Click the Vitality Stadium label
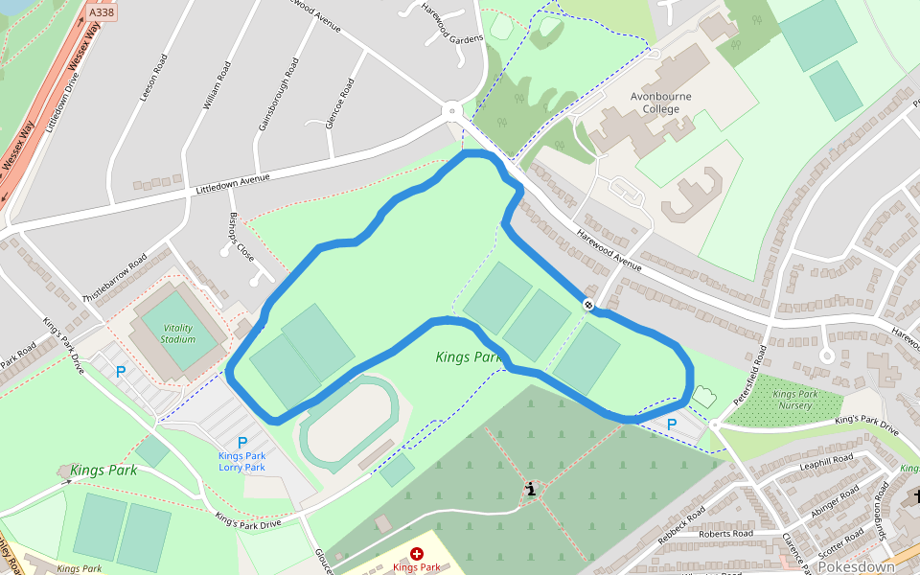click(178, 333)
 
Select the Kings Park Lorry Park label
click(241, 461)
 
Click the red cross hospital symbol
click(417, 554)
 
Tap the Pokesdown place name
click(856, 566)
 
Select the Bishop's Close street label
click(241, 238)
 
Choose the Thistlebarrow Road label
click(115, 278)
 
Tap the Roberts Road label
click(726, 534)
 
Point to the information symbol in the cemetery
click(530, 490)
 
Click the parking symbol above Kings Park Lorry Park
click(242, 442)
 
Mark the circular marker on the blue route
click(588, 305)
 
